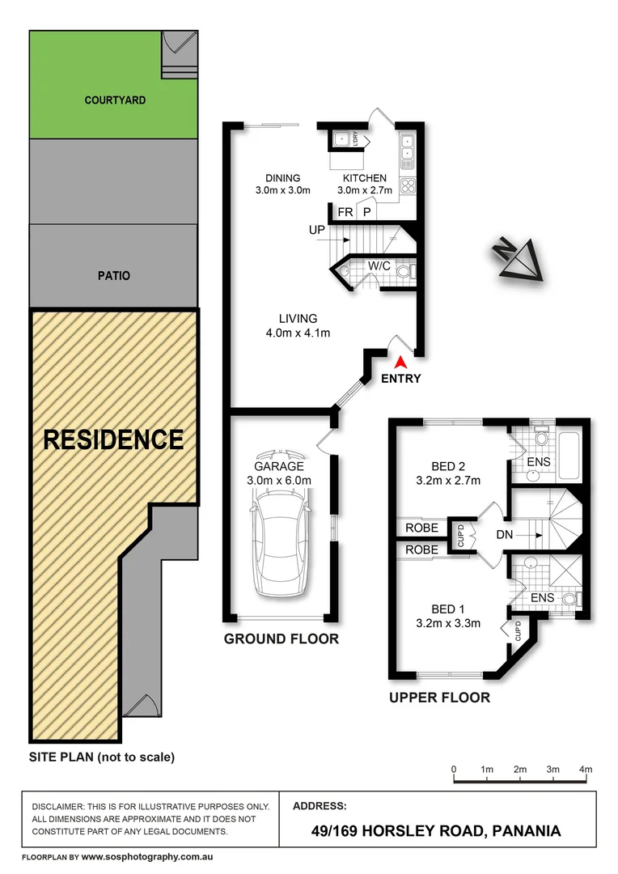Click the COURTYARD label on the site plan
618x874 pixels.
[115, 100]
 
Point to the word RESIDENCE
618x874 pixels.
[113, 439]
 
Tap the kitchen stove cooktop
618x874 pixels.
[407, 185]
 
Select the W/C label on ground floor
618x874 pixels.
[380, 265]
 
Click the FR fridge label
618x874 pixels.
[345, 212]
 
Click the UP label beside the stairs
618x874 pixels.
[317, 230]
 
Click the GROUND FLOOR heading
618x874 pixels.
[281, 639]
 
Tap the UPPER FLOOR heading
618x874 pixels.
[439, 698]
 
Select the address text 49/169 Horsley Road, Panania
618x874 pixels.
[436, 830]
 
